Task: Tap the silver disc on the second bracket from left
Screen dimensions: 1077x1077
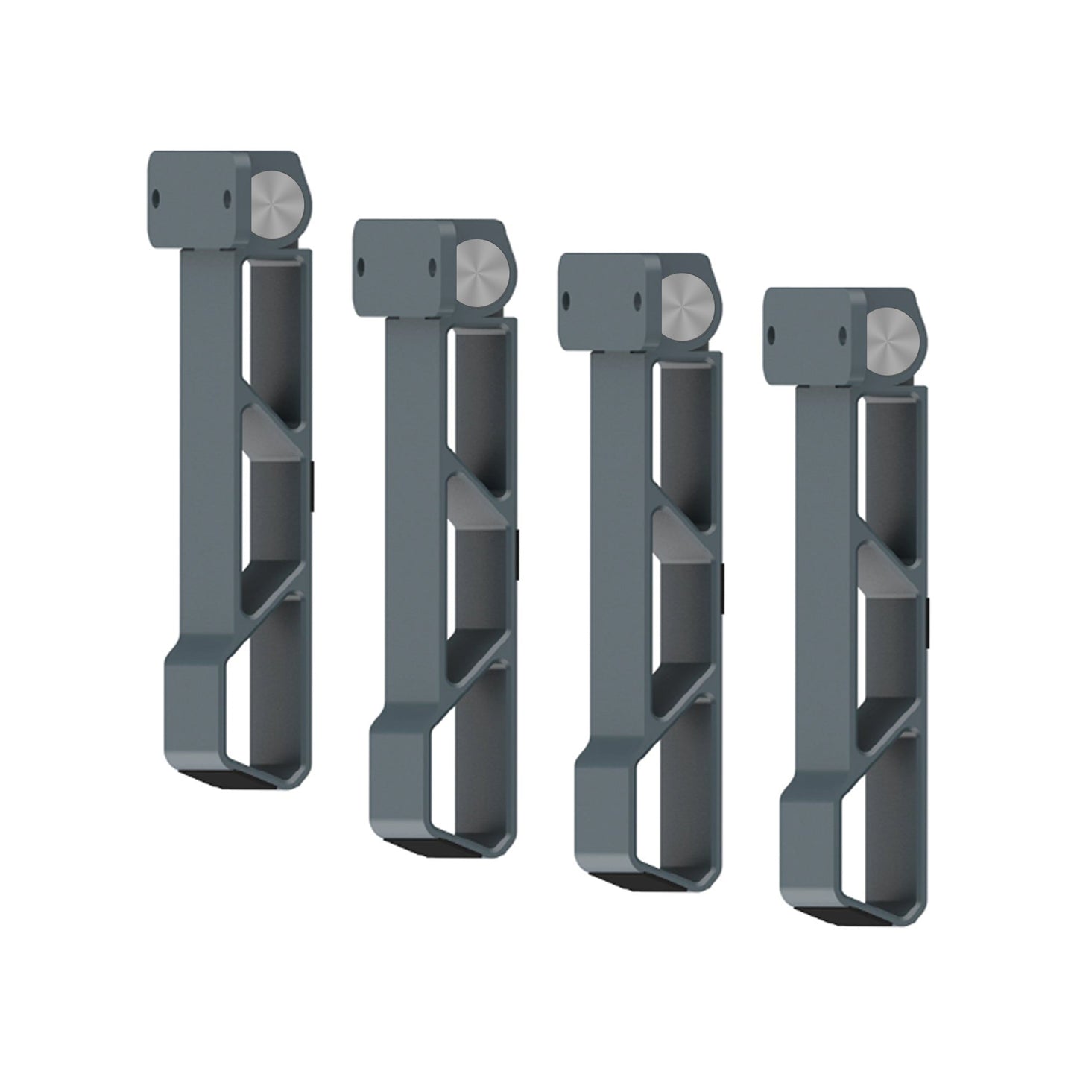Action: pyautogui.click(x=479, y=269)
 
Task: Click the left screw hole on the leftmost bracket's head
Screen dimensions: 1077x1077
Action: pyautogui.click(x=156, y=198)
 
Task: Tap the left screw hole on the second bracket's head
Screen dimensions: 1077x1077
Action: pyautogui.click(x=361, y=265)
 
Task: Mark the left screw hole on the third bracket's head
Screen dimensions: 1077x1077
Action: pyautogui.click(x=566, y=300)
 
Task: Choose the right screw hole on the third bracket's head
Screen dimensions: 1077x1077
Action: pyautogui.click(x=637, y=300)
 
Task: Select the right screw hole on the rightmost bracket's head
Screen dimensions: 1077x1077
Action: pyautogui.click(x=841, y=332)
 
